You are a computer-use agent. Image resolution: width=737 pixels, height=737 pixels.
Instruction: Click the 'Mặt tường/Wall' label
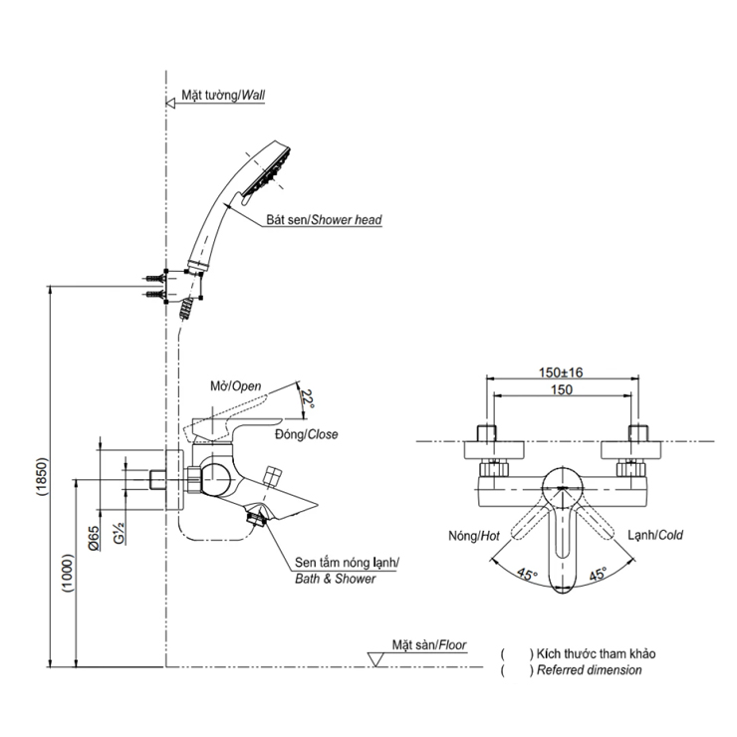(223, 97)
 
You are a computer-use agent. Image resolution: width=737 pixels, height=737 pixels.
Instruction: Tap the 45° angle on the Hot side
(526, 575)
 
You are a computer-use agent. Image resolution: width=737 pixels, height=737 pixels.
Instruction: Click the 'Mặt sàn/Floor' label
(428, 644)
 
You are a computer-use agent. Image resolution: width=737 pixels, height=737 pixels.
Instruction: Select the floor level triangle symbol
(376, 658)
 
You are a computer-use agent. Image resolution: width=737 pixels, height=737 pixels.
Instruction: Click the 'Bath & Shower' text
(335, 579)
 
